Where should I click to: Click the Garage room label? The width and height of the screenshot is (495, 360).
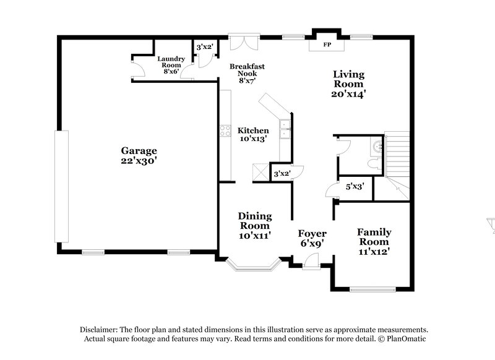pyautogui.click(x=139, y=155)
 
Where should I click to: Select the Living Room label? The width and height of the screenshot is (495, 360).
pyautogui.click(x=348, y=84)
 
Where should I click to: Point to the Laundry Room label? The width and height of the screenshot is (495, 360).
pyautogui.click(x=170, y=65)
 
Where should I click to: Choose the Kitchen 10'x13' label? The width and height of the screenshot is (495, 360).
pyautogui.click(x=253, y=135)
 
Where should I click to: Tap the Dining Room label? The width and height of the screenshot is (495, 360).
pyautogui.click(x=255, y=226)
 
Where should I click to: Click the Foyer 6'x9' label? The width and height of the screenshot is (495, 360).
pyautogui.click(x=312, y=238)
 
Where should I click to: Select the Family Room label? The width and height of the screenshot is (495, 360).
pyautogui.click(x=374, y=242)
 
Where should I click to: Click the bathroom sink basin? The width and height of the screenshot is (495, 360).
pyautogui.click(x=377, y=147)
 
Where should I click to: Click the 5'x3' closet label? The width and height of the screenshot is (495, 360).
pyautogui.click(x=355, y=186)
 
